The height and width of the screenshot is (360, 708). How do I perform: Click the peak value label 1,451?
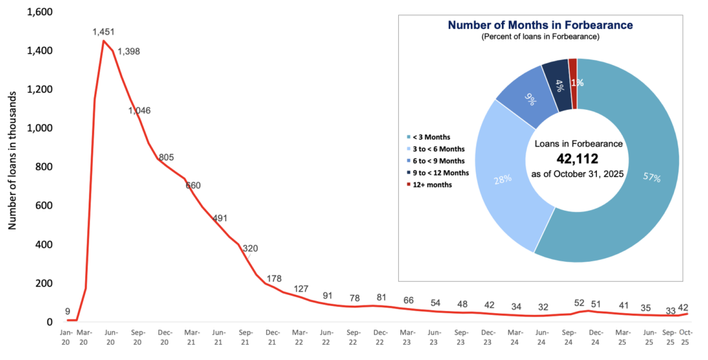104,32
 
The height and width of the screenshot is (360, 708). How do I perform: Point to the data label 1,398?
129,52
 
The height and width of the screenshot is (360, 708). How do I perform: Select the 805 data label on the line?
166,157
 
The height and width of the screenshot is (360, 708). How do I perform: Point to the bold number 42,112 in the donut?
578,159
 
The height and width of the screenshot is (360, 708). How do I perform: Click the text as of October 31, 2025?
578,174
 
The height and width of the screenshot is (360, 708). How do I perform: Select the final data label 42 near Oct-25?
683,307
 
